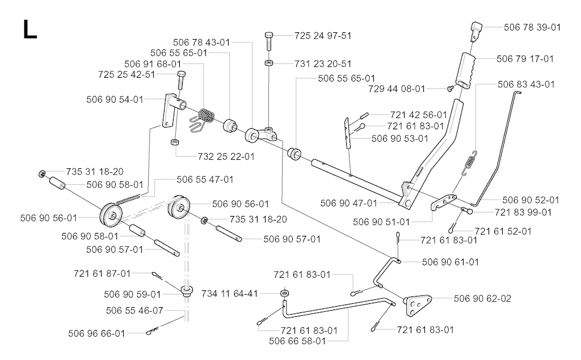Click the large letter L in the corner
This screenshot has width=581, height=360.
[x=30, y=29]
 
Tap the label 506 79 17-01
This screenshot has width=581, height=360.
[x=525, y=58]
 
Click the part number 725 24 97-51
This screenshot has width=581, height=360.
[x=323, y=36]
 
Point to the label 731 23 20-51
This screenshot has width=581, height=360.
[x=323, y=63]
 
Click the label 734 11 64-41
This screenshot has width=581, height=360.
[x=230, y=293]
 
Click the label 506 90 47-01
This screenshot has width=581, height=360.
[x=348, y=203]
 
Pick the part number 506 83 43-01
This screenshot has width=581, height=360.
[x=526, y=84]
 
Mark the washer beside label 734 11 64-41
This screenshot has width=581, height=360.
[x=283, y=294]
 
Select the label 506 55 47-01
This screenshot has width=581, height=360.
[x=205, y=179]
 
